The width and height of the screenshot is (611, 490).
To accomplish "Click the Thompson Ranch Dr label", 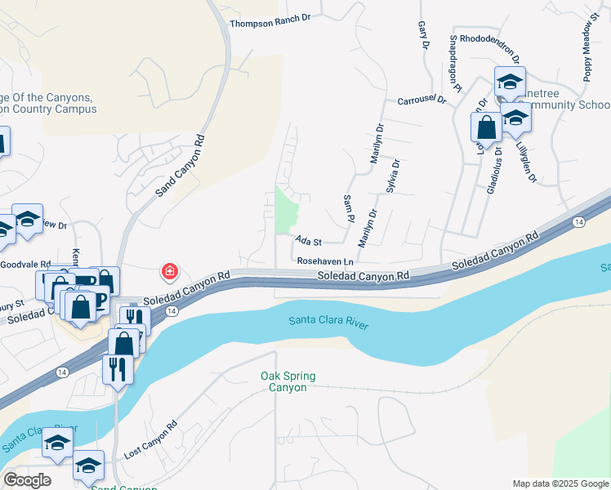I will (272, 24).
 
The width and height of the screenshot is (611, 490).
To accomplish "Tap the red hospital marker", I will (169, 270).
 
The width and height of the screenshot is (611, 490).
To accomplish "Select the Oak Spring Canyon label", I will (288, 381).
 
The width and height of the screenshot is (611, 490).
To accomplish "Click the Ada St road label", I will (310, 242).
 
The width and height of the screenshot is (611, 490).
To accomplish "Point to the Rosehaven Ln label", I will (325, 261).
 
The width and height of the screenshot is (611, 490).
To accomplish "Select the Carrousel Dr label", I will (421, 100).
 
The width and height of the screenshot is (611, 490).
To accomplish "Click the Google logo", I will (27, 480).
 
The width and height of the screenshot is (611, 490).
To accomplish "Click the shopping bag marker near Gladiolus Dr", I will (486, 129).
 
